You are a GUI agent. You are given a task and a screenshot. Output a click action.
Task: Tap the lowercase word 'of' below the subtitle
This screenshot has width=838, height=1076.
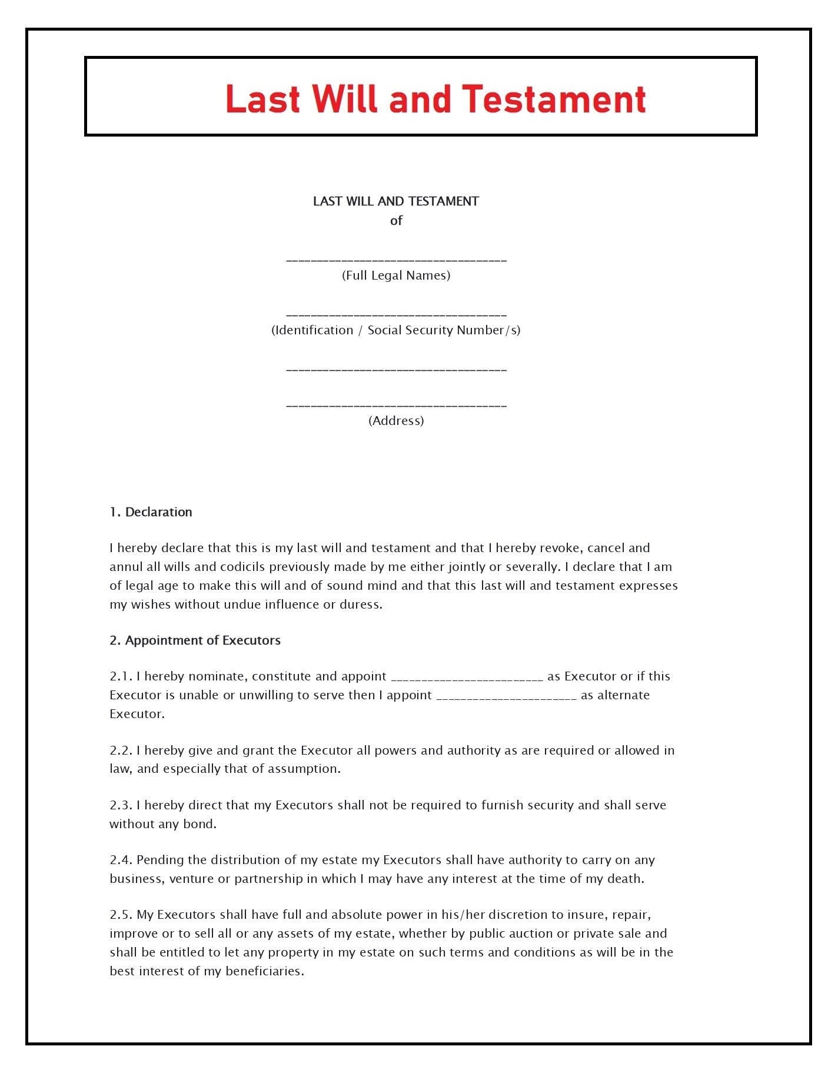[396, 221]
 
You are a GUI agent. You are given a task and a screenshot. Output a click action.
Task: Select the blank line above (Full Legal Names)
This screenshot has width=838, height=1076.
[396, 260]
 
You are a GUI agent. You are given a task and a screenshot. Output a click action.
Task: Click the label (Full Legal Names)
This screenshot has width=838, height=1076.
[396, 275]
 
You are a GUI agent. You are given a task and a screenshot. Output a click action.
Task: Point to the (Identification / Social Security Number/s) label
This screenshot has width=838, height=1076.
[396, 330]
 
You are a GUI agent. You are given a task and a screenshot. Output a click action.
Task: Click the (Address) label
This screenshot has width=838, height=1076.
[396, 421]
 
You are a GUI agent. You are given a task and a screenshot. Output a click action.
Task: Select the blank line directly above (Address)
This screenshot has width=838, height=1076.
[396, 406]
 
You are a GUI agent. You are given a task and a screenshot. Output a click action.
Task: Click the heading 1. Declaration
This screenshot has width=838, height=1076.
[151, 512]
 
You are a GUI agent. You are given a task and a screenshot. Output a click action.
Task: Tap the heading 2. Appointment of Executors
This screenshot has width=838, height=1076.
[195, 640]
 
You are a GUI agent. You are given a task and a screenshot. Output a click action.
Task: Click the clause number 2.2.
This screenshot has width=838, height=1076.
[121, 750]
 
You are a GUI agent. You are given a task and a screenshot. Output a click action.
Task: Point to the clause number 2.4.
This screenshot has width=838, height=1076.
[121, 860]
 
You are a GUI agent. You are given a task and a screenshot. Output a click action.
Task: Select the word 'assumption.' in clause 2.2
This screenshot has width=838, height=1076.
[304, 769]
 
